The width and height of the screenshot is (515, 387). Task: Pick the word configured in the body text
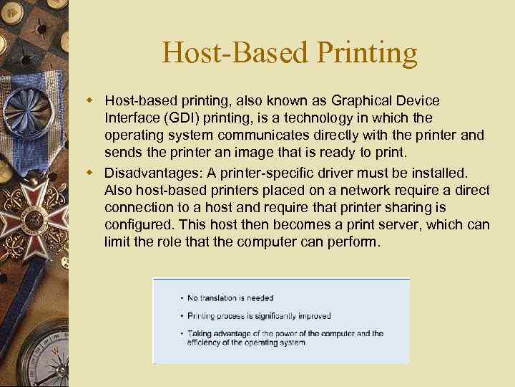137,224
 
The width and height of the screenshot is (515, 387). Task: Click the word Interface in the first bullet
129,117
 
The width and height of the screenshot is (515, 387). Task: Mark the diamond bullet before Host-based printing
92,100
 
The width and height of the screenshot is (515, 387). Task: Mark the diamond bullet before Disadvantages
92,173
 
